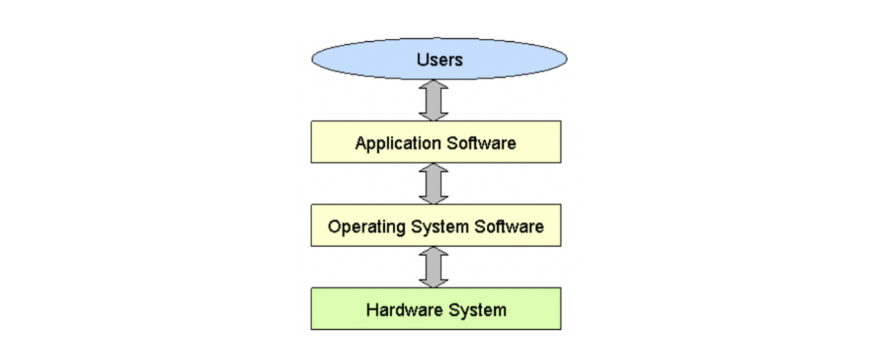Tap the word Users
coord(439,60)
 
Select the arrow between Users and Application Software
coord(433,100)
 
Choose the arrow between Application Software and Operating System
coord(433,184)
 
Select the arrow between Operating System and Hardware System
coord(433,267)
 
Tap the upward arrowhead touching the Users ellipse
coord(433,85)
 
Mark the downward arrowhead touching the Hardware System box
coord(433,281)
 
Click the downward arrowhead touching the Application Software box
coord(433,115)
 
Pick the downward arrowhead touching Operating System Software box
coord(433,198)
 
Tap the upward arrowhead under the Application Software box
coord(433,169)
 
